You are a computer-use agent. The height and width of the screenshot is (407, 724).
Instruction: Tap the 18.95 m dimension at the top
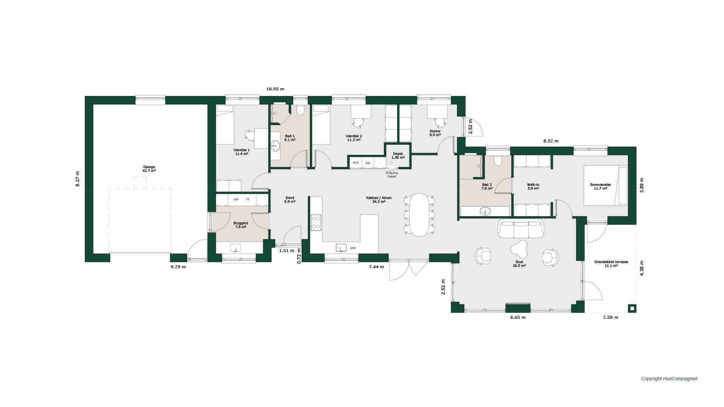pyautogui.click(x=275, y=89)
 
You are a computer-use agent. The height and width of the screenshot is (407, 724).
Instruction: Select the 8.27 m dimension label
pyautogui.click(x=77, y=179)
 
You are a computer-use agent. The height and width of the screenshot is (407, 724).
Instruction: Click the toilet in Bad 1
pyautogui.click(x=300, y=110)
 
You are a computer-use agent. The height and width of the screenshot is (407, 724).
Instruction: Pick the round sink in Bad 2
pyautogui.click(x=485, y=211)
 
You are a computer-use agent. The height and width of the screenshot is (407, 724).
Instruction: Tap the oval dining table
pyautogui.click(x=419, y=214)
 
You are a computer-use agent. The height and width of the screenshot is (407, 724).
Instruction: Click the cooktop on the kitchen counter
pyautogui.click(x=316, y=222)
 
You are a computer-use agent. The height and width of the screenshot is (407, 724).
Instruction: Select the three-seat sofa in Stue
pyautogui.click(x=521, y=229)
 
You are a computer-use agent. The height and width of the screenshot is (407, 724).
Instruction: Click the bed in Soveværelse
pyautogui.click(x=606, y=186)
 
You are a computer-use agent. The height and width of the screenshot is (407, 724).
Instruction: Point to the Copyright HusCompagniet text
pyautogui.click(x=669, y=379)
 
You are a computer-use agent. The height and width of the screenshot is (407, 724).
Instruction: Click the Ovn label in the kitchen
pyautogui.click(x=356, y=162)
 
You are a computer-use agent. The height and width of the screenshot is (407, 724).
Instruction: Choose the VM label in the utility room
pyautogui.click(x=236, y=199)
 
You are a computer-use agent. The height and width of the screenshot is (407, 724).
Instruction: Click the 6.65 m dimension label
pyautogui.click(x=518, y=317)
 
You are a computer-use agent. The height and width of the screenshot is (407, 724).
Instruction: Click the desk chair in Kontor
pyautogui.click(x=440, y=122)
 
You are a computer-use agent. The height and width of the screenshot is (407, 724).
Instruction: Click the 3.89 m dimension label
pyautogui.click(x=642, y=185)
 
